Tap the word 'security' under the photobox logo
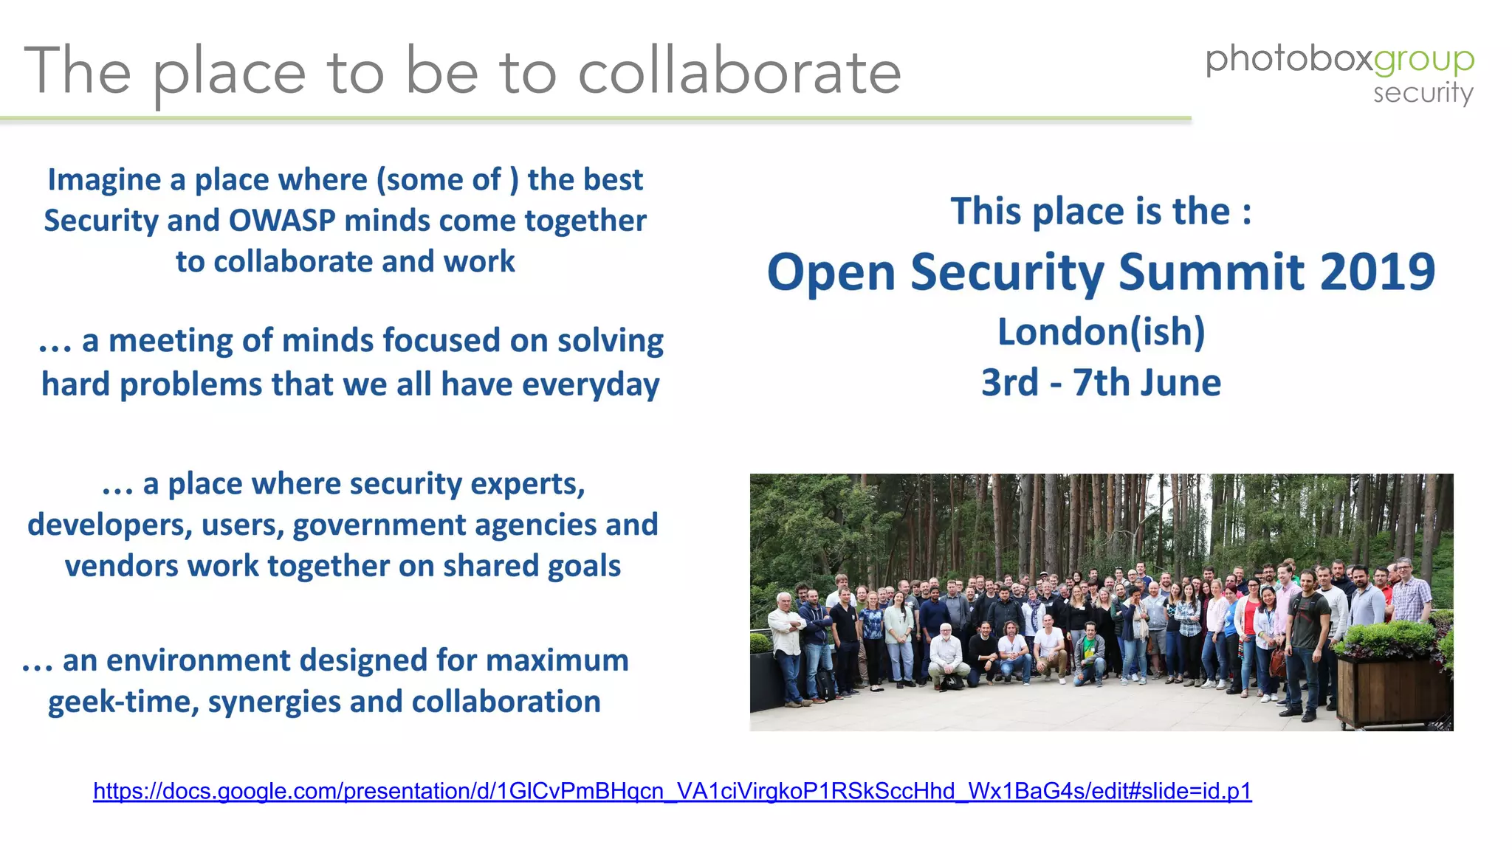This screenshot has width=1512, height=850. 1423,94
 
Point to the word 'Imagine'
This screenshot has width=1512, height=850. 104,180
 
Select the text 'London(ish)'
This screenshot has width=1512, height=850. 1101,331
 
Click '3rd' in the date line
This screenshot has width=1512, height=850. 1009,383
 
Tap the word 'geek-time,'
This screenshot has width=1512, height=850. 123,702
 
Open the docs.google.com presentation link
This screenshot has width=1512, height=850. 672,791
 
